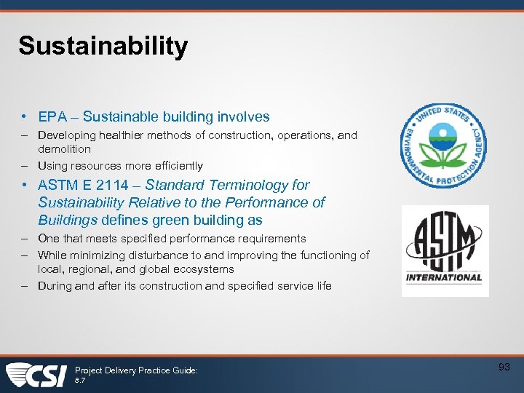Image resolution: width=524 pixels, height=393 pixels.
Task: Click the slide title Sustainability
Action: click(103, 47)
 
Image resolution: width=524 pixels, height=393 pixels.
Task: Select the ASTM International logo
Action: click(445, 251)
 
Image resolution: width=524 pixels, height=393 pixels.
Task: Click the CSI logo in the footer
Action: click(36, 375)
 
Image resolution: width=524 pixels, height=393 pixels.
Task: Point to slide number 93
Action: click(504, 368)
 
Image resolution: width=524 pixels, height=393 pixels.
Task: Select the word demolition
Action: click(64, 149)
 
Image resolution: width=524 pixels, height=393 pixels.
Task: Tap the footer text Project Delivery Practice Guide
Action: click(136, 370)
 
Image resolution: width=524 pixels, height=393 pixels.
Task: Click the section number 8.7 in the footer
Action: click(81, 381)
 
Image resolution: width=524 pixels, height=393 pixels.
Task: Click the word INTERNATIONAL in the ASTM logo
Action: click(445, 277)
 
